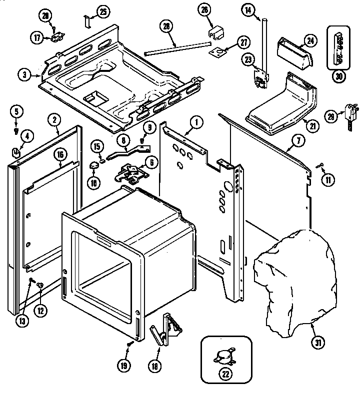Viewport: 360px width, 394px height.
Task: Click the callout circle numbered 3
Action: click(24, 75)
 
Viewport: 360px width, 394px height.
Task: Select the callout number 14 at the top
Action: click(247, 9)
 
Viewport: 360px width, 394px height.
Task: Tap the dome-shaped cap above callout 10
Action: click(94, 165)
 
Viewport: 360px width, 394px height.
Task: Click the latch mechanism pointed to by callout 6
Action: click(131, 174)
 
